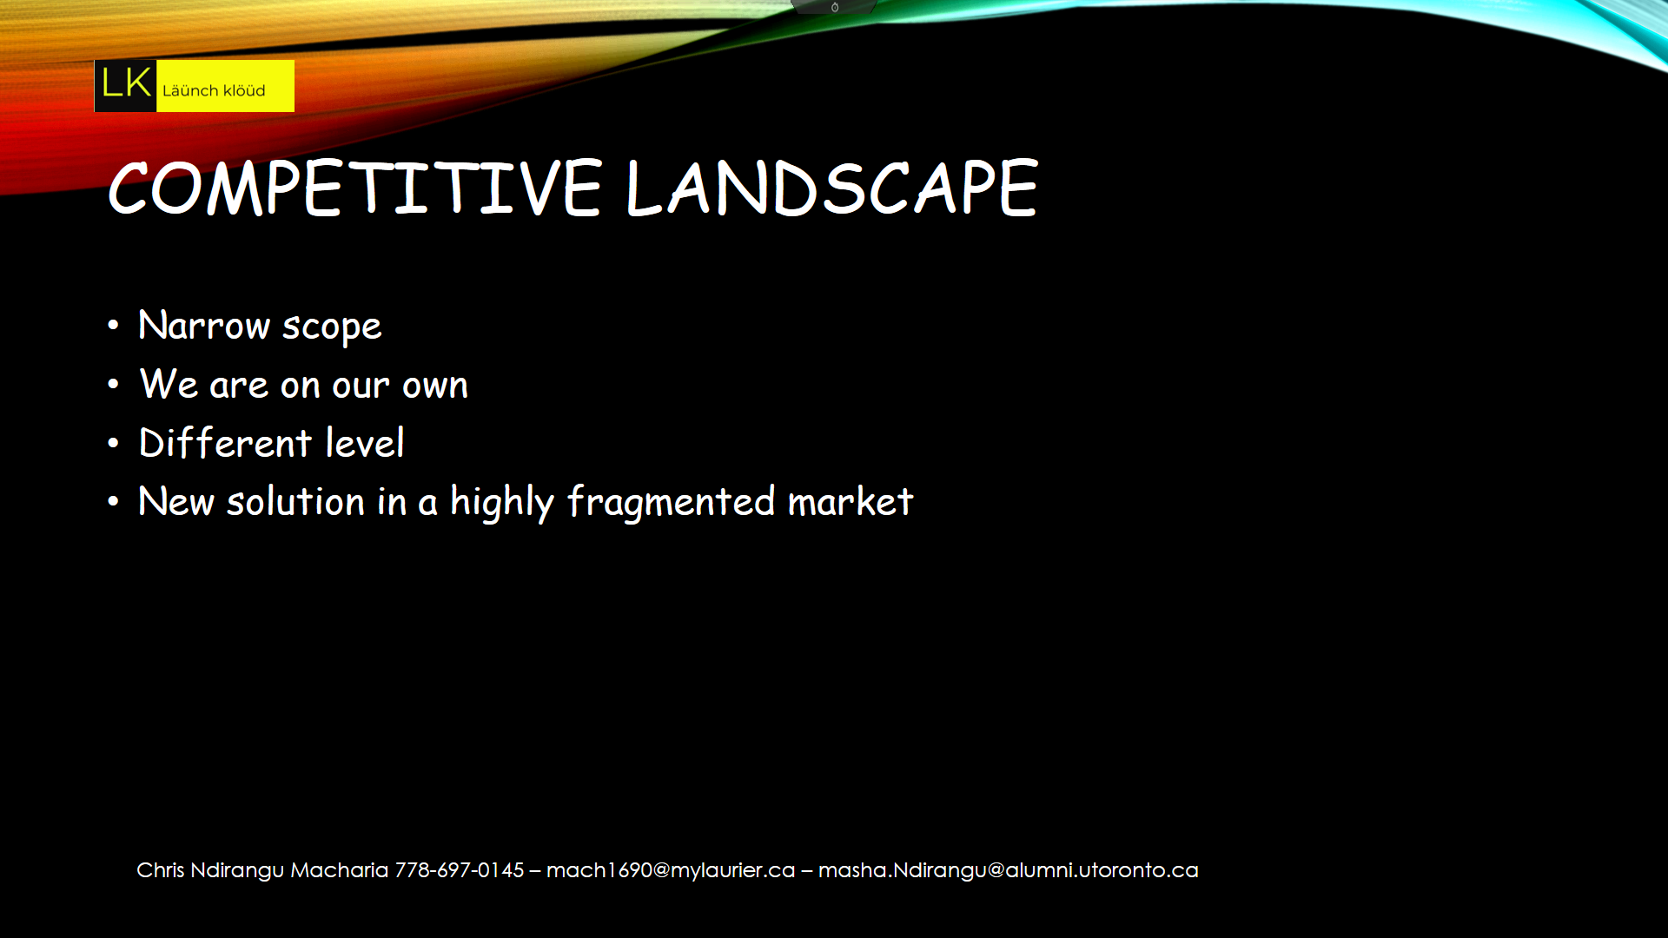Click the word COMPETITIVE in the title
coord(354,188)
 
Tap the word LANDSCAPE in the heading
coord(831,188)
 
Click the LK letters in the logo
coord(126,84)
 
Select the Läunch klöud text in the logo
coord(214,90)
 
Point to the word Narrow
coord(204,326)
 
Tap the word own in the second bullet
coord(435,386)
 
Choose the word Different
coord(225,443)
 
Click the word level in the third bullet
coord(365,443)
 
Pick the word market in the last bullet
coord(851,502)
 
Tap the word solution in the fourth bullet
coord(296,502)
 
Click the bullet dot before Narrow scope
coord(113,326)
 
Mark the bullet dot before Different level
coord(113,443)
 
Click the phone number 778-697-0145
coord(460,869)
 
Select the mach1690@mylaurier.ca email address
coord(671,870)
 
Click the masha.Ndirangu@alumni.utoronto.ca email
coord(1009,870)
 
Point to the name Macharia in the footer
coord(340,869)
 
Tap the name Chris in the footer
coord(161,869)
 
